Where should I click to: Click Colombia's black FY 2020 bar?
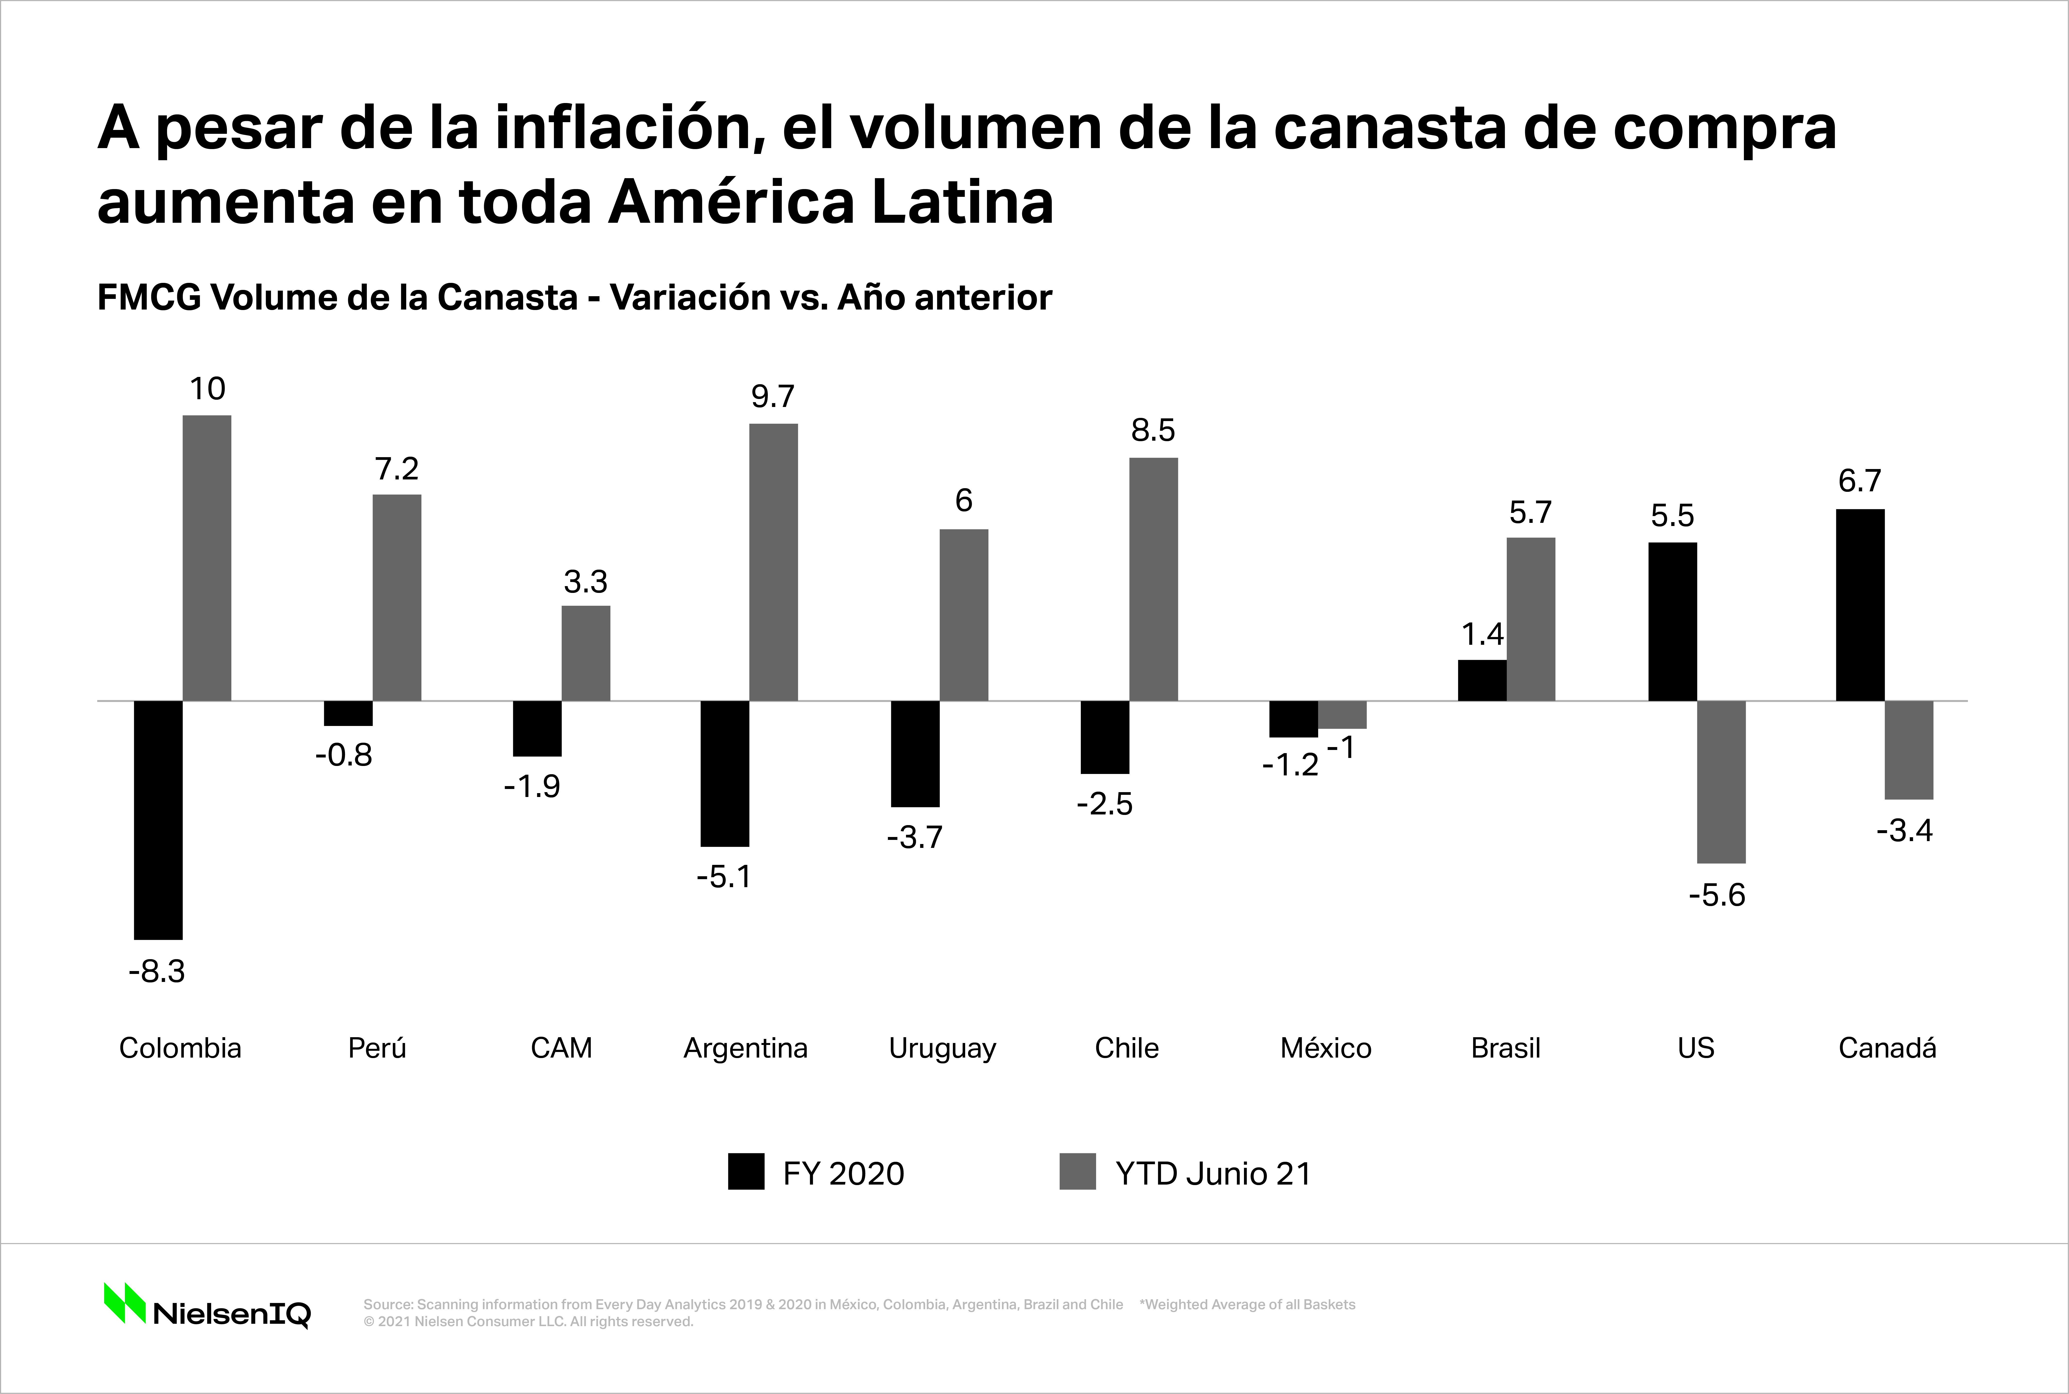coord(158,820)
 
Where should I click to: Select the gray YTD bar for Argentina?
coord(774,562)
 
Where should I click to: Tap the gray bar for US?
coord(1721,781)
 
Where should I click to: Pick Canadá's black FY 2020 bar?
coord(1860,605)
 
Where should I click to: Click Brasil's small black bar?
coord(1482,680)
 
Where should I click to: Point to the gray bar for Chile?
coord(1153,579)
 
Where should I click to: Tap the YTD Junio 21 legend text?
coord(1213,1173)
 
